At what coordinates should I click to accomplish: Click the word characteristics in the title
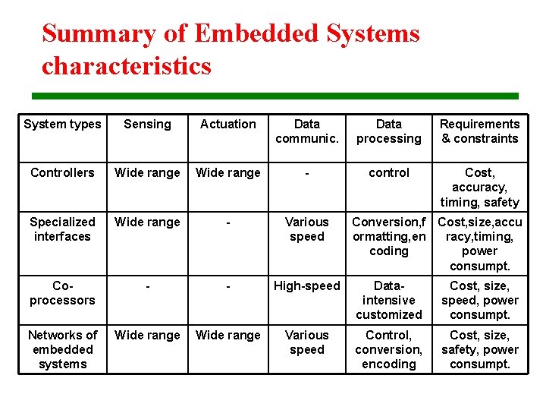(127, 66)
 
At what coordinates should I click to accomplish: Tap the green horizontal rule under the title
(275, 96)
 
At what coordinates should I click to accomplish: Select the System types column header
(62, 124)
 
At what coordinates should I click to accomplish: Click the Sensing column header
(147, 124)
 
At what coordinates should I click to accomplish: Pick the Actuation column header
(228, 124)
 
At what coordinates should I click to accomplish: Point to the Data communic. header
(307, 131)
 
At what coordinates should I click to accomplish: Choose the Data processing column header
(389, 131)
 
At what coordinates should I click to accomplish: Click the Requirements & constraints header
(480, 131)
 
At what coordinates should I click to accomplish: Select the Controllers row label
(62, 172)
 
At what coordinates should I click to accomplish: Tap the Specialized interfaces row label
(62, 229)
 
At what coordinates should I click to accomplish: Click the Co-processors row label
(62, 292)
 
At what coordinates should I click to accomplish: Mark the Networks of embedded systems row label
(62, 349)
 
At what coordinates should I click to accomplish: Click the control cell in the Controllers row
(389, 172)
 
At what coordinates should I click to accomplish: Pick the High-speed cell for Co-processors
(307, 285)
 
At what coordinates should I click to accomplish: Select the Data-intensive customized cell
(389, 300)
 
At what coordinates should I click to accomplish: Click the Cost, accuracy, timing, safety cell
(480, 187)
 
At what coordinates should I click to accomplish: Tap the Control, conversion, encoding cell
(389, 349)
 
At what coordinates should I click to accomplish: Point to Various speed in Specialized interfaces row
(307, 229)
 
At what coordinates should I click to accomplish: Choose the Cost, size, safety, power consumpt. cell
(480, 349)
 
